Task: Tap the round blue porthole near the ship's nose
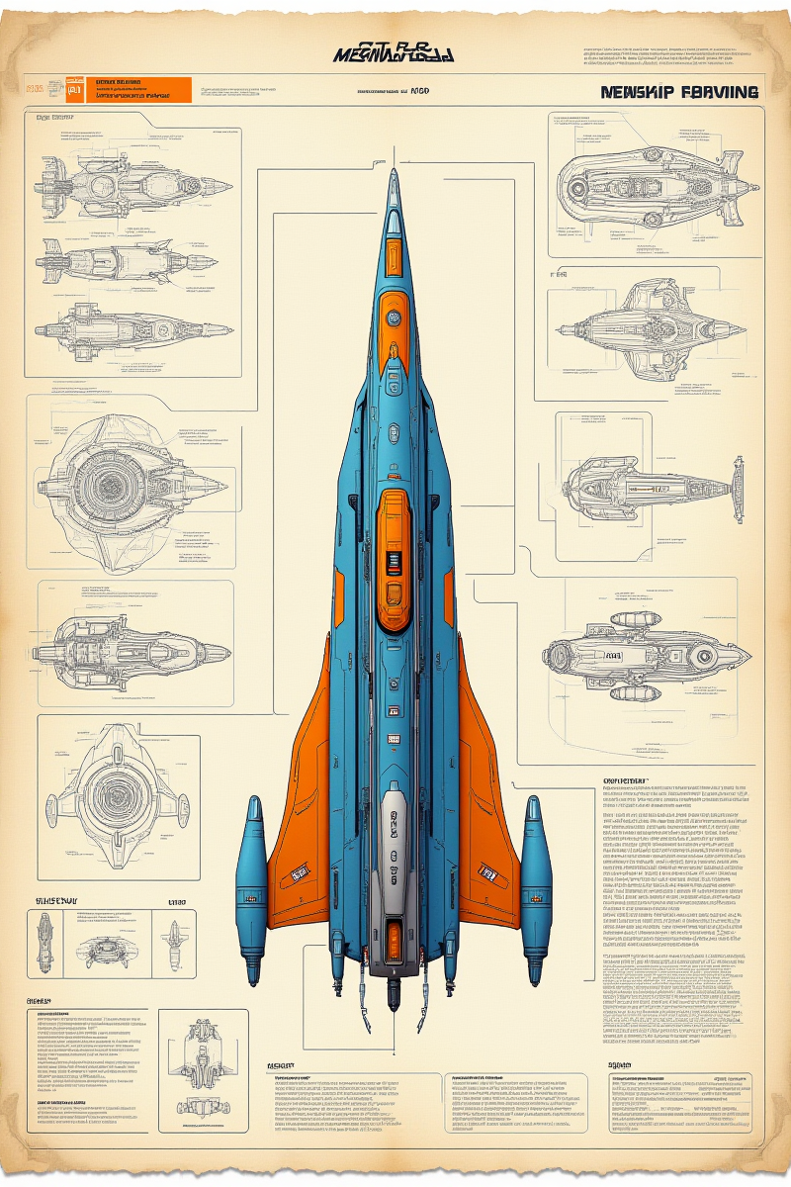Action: pos(394,318)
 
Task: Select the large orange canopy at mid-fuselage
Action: pos(395,549)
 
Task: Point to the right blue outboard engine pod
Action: pos(535,880)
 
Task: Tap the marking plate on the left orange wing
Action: pos(298,873)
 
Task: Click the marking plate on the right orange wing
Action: pos(486,872)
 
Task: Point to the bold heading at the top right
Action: pos(678,92)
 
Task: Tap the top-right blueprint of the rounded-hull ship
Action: pos(648,183)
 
